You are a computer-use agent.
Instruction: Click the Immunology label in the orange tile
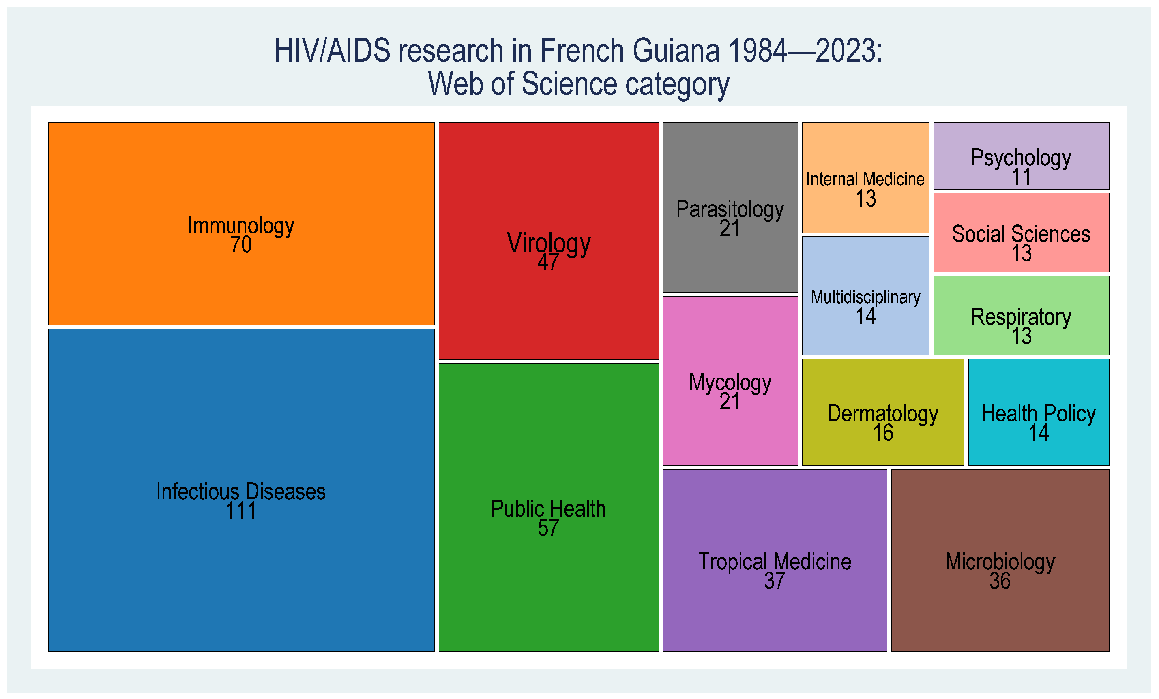tap(241, 226)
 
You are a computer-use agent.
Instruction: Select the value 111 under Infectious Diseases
tap(241, 511)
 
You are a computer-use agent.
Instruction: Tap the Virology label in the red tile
tap(548, 244)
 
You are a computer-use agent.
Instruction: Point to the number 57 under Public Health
tap(548, 528)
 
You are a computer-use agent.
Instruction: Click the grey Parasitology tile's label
tap(730, 209)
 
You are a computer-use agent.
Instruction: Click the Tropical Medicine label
tap(775, 562)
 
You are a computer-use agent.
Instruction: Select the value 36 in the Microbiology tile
tap(1000, 581)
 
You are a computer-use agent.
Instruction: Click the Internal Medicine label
tap(865, 179)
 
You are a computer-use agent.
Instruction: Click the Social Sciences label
tap(1021, 234)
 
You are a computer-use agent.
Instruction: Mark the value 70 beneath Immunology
tap(241, 245)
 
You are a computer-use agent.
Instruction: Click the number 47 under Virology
tap(548, 262)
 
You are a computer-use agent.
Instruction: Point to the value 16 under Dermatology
tap(883, 433)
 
